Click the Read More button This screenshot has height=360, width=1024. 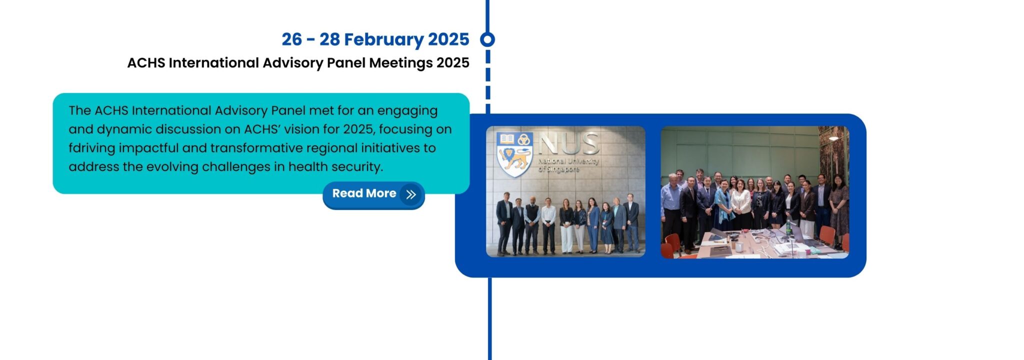[373, 194]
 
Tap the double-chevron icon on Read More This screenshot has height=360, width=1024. [411, 194]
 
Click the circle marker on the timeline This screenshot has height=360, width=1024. [487, 39]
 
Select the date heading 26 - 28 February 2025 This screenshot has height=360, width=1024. [375, 39]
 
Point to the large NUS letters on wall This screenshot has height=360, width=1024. [569, 143]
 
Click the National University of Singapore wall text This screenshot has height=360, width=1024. [568, 164]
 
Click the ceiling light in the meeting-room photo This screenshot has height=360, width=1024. [833, 138]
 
